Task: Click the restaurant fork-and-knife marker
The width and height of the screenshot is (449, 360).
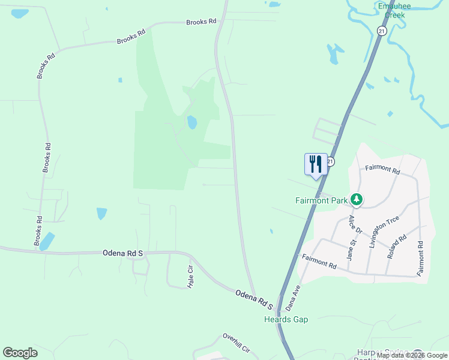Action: click(316, 164)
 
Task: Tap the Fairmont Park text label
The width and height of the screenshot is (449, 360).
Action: click(321, 200)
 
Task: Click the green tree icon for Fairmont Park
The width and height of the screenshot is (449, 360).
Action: click(357, 199)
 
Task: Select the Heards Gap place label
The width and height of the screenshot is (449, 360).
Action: click(286, 319)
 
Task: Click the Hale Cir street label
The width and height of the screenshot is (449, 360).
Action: click(190, 276)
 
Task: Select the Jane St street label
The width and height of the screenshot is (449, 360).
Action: click(352, 248)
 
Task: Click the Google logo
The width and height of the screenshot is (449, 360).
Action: click(20, 353)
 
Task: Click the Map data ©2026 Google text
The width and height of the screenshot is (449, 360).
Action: click(410, 355)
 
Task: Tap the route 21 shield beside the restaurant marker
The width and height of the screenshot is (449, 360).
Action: click(331, 161)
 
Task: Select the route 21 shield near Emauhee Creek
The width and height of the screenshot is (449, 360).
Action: click(382, 30)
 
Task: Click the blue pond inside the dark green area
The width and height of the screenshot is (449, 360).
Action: click(192, 122)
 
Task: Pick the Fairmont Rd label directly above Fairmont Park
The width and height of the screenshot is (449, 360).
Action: click(382, 170)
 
